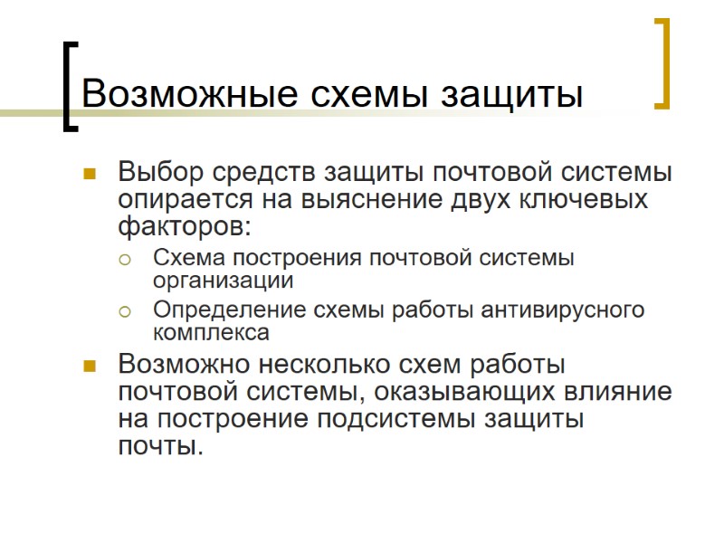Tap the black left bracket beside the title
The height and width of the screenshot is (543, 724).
(69, 86)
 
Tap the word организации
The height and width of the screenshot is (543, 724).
(223, 281)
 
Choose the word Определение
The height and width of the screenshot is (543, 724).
(229, 310)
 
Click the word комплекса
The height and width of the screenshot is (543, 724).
(211, 333)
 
